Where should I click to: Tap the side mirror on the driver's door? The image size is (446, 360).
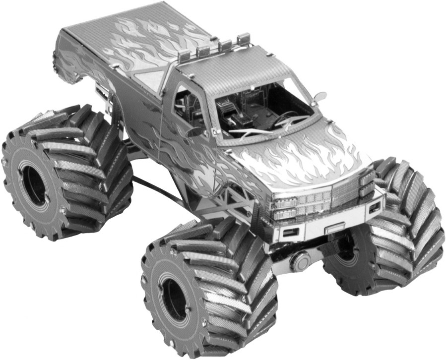point(195,132)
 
